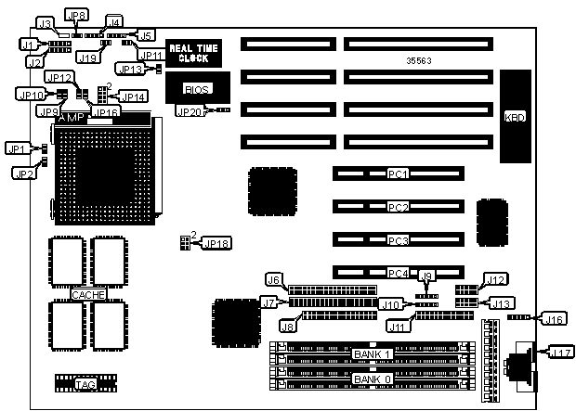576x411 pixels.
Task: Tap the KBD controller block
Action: (514, 118)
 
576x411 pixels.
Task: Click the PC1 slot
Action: (398, 173)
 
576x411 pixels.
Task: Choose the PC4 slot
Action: (398, 273)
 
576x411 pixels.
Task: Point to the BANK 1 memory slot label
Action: (373, 355)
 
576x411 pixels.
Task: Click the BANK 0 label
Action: (373, 379)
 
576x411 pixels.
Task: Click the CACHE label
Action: (88, 294)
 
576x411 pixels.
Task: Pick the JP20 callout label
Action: (189, 111)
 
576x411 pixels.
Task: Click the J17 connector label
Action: (560, 353)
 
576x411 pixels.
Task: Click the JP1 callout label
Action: (18, 148)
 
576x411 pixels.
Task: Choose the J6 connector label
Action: (273, 279)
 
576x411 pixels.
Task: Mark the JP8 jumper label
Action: (78, 16)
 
